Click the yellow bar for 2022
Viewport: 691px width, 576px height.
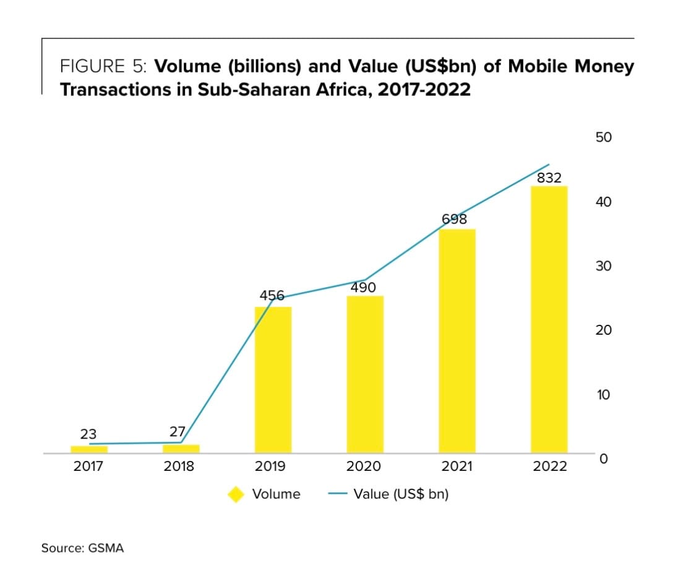[x=549, y=319]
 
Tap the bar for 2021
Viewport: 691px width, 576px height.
[x=457, y=341]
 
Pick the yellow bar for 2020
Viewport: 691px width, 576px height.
[x=365, y=374]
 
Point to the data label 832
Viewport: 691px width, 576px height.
[x=549, y=178]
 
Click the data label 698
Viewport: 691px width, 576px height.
[x=455, y=219]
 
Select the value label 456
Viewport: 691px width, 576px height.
[x=272, y=296]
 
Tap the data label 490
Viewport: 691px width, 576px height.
[x=363, y=288]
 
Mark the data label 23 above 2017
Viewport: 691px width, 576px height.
[x=88, y=434]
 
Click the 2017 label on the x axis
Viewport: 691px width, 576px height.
[x=88, y=466]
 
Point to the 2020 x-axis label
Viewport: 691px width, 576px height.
[x=364, y=466]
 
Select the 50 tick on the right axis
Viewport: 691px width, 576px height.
[x=604, y=137]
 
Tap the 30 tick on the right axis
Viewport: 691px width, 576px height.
[x=604, y=266]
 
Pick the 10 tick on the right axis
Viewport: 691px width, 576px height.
[x=604, y=395]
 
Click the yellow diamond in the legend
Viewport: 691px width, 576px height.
[x=236, y=494]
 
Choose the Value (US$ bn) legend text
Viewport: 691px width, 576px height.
[x=401, y=494]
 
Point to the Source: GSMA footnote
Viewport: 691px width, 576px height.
[x=82, y=548]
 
